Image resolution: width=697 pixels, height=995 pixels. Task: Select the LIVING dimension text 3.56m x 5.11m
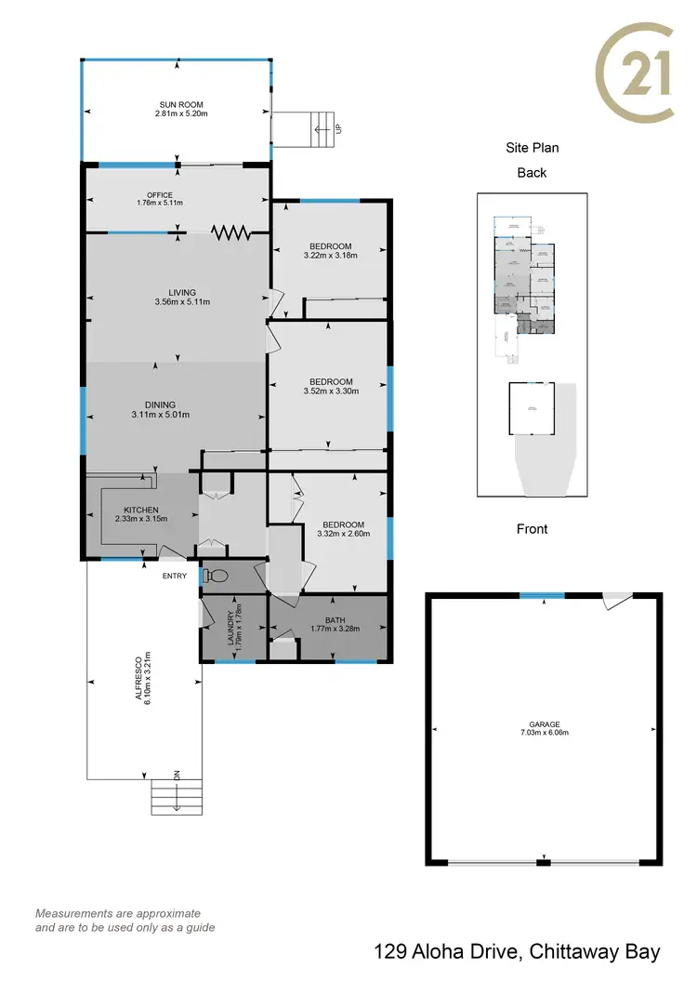pos(182,301)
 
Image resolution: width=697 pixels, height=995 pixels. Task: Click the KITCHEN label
pos(141,511)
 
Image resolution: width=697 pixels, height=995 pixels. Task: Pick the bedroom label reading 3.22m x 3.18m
pos(332,255)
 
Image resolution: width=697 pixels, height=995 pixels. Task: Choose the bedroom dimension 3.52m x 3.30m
pos(331,391)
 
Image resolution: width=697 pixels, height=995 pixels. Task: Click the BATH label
pos(335,620)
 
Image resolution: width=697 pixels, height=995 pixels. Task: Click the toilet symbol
pos(216,575)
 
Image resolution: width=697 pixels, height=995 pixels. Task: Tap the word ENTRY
pos(174,576)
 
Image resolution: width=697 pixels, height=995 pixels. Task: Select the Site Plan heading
pos(532,147)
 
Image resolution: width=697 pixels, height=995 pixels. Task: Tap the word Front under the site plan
pos(532,528)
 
